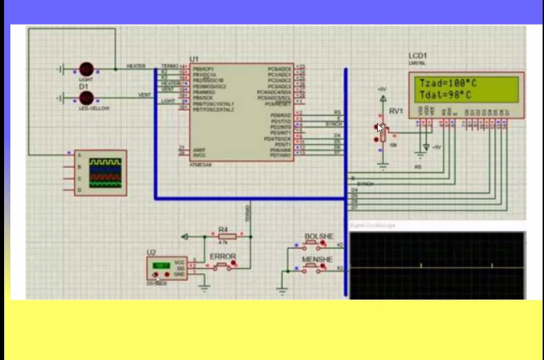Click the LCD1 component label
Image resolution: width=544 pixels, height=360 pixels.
[x=418, y=56]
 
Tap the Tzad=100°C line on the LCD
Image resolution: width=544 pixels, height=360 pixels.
[x=448, y=83]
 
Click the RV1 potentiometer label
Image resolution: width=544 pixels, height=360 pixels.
[x=396, y=111]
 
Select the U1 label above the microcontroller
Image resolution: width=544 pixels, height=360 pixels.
[x=194, y=59]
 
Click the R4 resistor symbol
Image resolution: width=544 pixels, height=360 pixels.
[x=223, y=236]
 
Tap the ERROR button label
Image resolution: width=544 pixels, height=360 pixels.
[x=222, y=257]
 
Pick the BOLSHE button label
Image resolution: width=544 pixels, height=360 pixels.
[x=318, y=236]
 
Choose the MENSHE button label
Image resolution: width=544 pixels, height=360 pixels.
[x=317, y=260]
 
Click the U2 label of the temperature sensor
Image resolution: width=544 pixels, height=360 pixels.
[x=151, y=253]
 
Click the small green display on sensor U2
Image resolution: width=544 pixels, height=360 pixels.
[x=162, y=264]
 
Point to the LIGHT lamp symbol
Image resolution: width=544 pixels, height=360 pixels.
[x=86, y=69]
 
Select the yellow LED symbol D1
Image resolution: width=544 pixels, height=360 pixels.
[x=86, y=98]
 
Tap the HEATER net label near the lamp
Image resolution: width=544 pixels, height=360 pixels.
[x=136, y=67]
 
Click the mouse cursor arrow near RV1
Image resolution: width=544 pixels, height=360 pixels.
[x=380, y=128]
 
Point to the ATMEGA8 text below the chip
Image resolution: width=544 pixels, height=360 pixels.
[x=201, y=165]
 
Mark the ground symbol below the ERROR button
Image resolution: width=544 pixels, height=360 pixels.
[x=204, y=288]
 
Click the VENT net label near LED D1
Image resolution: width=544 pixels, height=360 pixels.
[x=145, y=95]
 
